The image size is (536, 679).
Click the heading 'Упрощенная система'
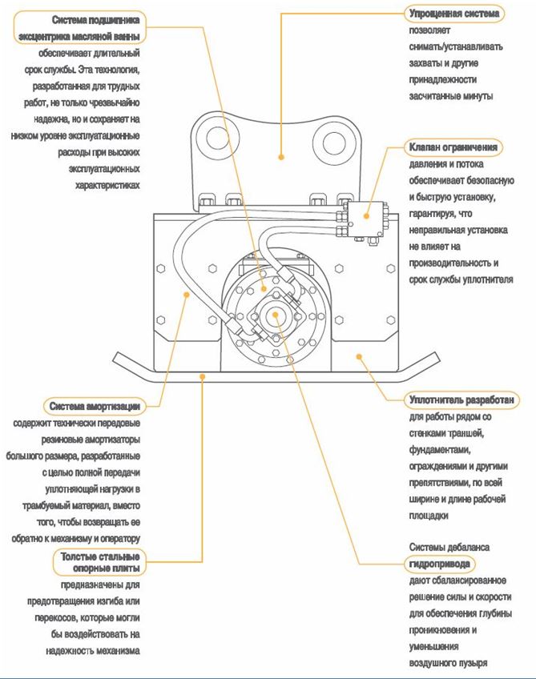(454, 14)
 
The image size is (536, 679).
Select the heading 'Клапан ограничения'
(454, 147)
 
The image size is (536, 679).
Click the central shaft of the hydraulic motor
(275, 313)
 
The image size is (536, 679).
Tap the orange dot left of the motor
(187, 294)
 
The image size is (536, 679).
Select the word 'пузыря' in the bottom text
(471, 662)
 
